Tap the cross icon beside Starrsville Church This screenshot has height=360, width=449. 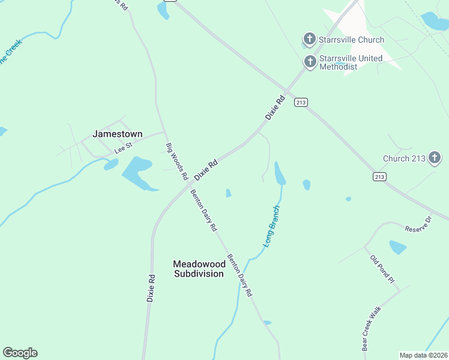coord(309,40)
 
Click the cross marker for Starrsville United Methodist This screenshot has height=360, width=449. coord(310,61)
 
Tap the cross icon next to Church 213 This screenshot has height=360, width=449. coord(434,158)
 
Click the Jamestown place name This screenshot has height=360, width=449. coord(117,134)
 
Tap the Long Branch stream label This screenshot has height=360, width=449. coord(272,226)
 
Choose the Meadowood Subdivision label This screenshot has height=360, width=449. coord(199,268)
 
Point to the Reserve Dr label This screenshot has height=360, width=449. coord(418,224)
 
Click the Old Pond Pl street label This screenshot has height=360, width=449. coord(382,269)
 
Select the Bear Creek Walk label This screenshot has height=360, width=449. coord(371,329)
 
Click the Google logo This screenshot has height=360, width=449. coord(20,352)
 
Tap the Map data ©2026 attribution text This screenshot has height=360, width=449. coord(423,355)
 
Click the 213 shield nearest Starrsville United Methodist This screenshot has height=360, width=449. coord(301,103)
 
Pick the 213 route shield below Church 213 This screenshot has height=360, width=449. coord(379,176)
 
